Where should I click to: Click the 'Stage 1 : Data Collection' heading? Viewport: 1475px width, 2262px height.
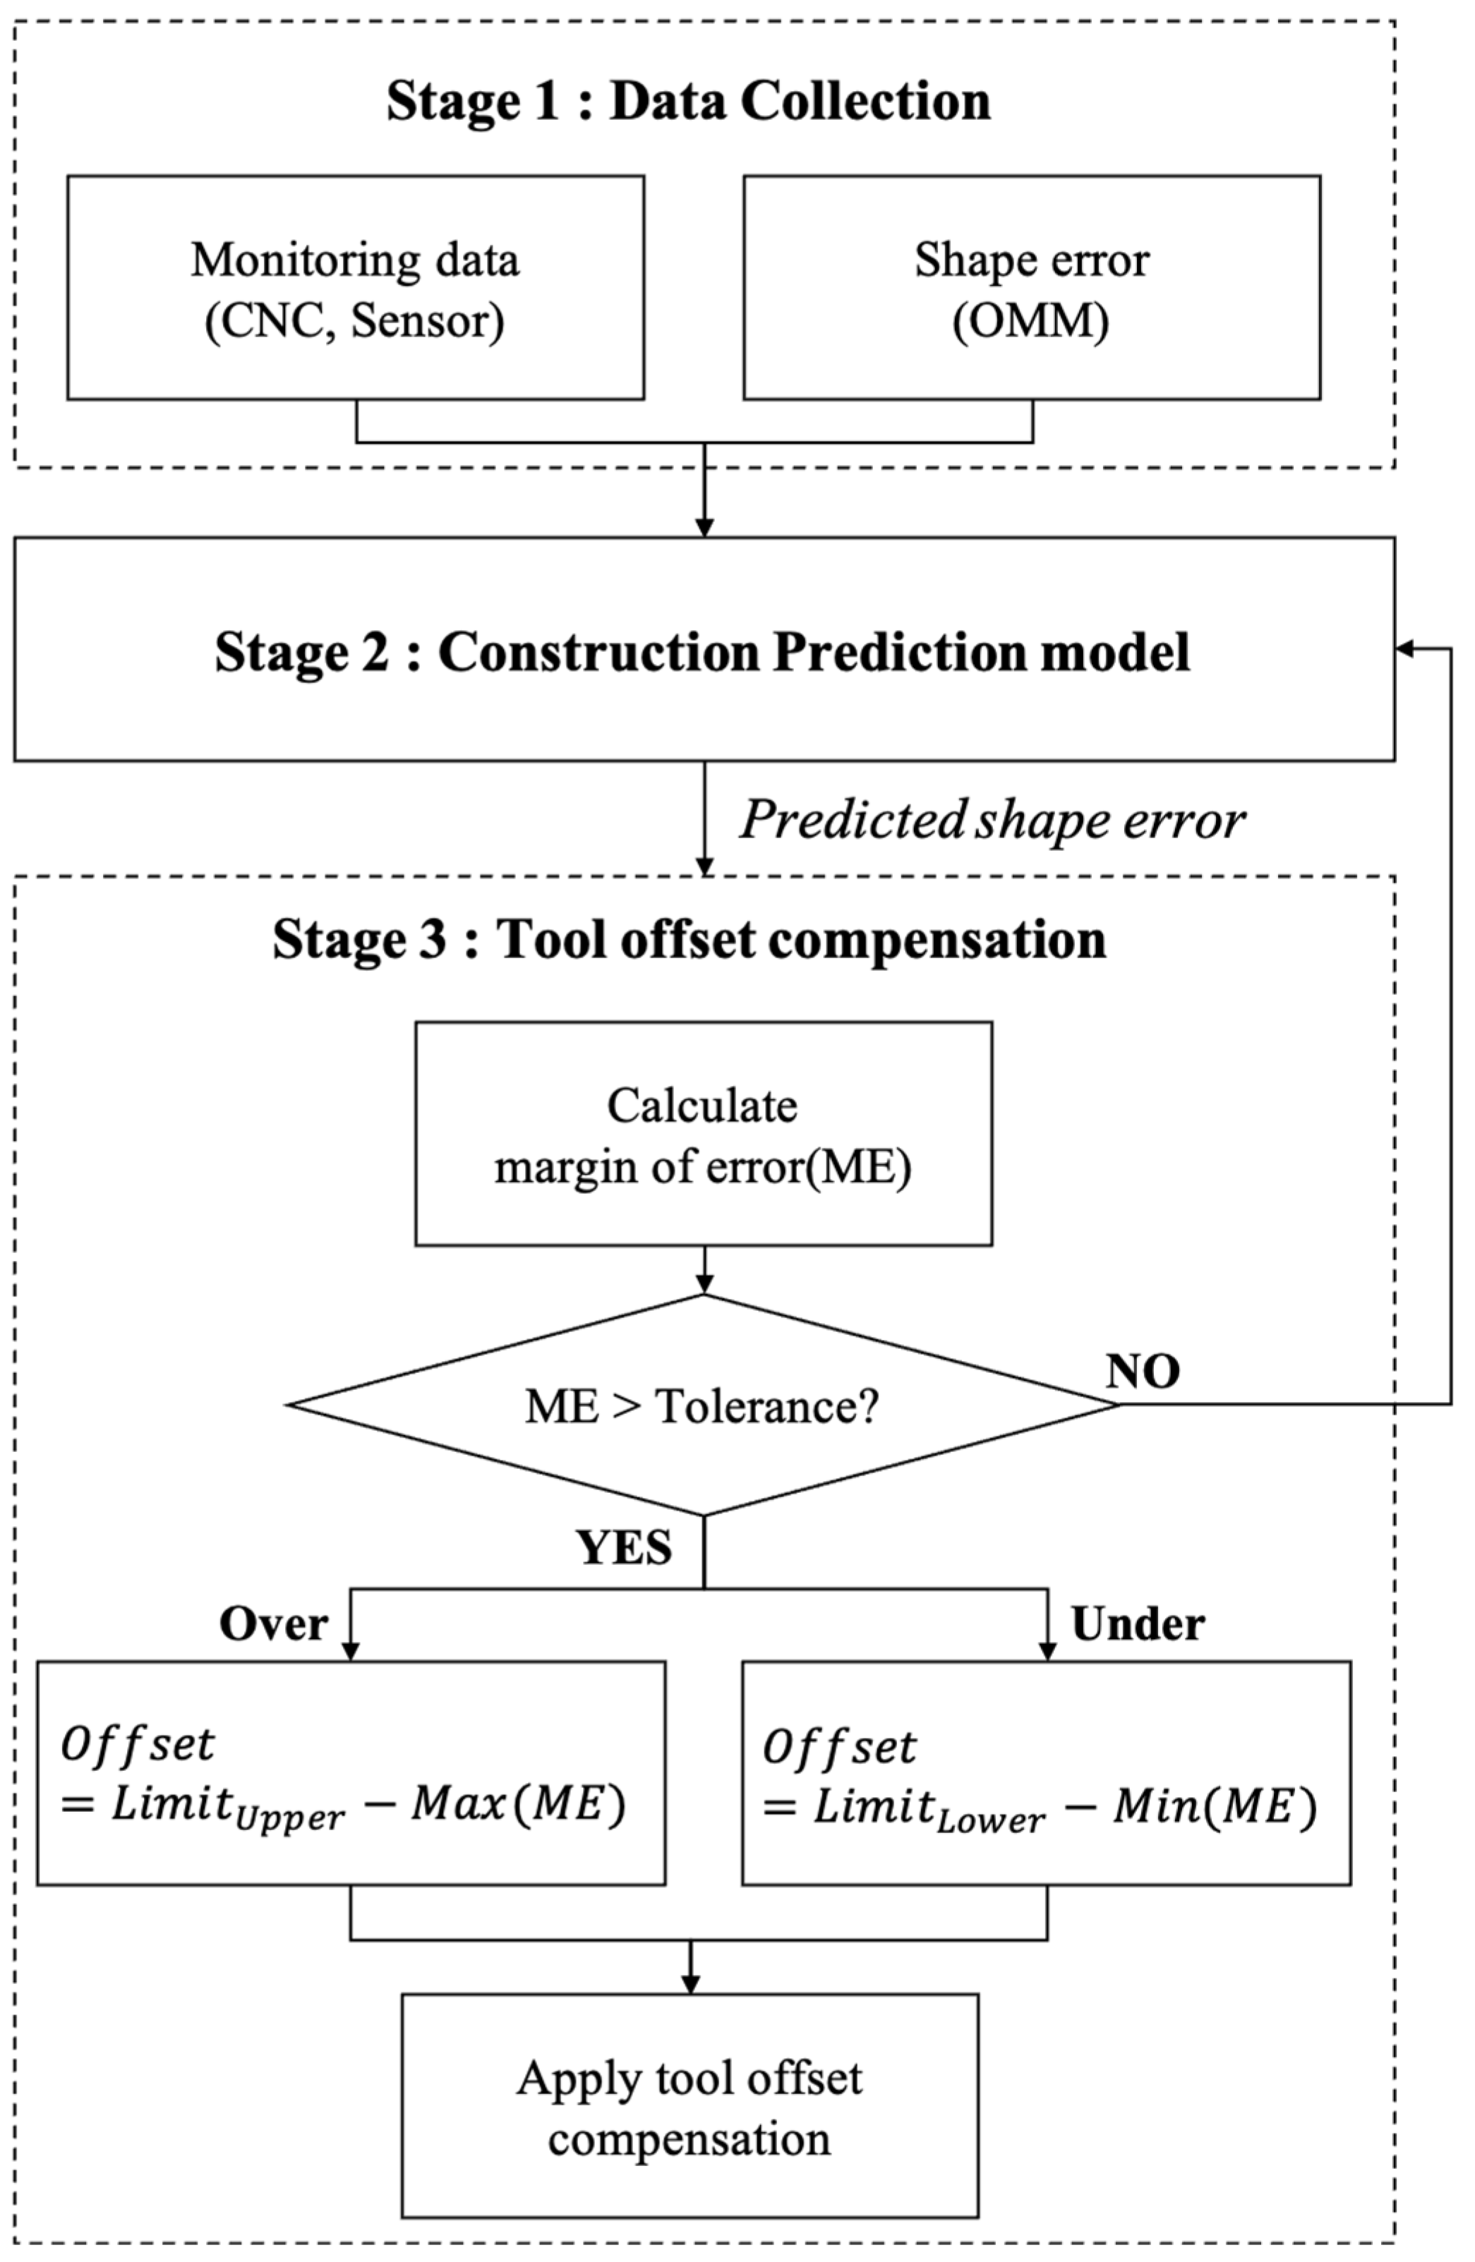[688, 101]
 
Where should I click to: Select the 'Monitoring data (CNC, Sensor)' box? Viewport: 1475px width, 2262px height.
[356, 287]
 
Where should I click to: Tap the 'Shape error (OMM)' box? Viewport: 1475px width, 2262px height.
[1031, 287]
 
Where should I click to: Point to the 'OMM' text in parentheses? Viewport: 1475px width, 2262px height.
[1031, 321]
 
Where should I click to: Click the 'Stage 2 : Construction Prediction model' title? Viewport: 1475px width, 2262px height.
[702, 652]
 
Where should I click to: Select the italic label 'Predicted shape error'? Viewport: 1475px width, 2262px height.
[992, 819]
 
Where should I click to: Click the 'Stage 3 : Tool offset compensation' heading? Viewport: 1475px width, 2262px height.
[689, 939]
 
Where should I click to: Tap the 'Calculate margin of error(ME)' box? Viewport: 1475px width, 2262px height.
[704, 1134]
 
